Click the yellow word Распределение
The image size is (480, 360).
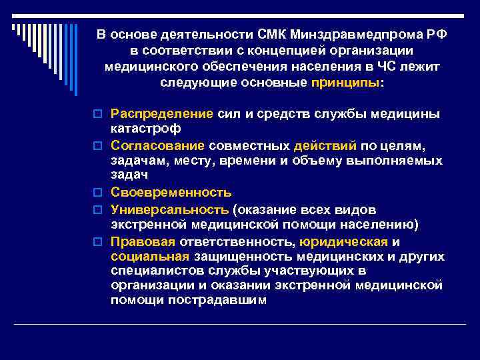coord(162,113)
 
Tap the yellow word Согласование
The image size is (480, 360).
coord(158,145)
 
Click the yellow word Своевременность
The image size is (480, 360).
coord(171,193)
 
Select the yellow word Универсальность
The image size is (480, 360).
coord(169,209)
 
